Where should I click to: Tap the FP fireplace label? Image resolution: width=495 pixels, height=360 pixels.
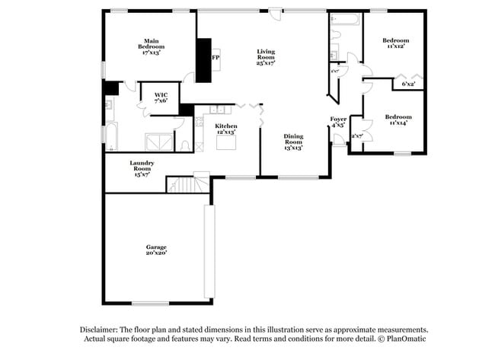click(216, 58)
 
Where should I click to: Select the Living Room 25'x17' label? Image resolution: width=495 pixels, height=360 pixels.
click(265, 58)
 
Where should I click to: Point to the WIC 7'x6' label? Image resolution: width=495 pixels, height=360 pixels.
click(161, 97)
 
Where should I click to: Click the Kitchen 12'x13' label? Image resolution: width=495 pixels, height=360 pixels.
click(226, 128)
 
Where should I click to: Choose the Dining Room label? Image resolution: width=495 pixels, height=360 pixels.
click(293, 142)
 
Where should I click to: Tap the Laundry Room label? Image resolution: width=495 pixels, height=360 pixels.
click(142, 168)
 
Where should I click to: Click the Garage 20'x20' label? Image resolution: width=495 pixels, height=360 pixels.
click(156, 250)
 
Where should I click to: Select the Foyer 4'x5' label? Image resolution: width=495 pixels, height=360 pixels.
click(338, 123)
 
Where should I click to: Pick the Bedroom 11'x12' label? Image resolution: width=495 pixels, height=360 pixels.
click(395, 43)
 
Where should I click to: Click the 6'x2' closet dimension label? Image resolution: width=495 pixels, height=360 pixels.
click(409, 84)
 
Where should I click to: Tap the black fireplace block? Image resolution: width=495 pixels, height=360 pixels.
click(204, 59)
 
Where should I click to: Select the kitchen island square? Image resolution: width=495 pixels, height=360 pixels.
click(225, 142)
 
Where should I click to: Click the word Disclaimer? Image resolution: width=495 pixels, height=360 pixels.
click(104, 330)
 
